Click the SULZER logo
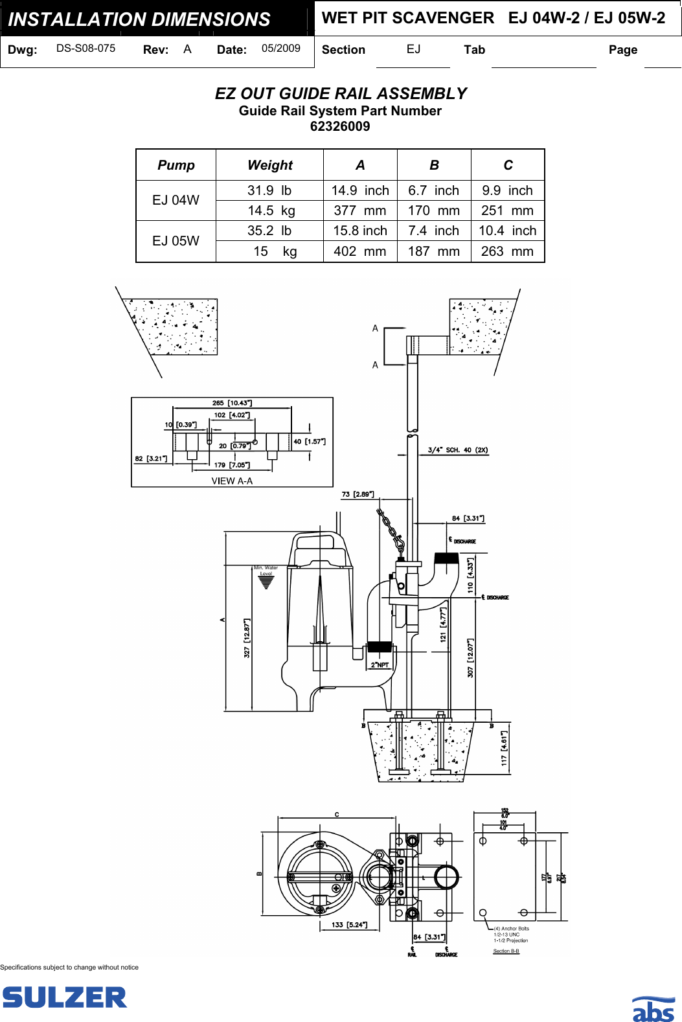point(64,997)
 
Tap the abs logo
point(653,1009)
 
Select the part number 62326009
point(340,126)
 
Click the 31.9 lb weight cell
point(269,190)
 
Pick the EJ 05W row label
point(176,241)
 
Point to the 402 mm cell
point(359,251)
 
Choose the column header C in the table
point(508,165)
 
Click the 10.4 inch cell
point(507,231)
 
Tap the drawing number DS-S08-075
point(85,49)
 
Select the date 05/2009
point(280,49)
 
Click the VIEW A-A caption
point(232,481)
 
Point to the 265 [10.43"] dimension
point(232,403)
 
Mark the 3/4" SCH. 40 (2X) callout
point(457,450)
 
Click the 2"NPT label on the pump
point(380,665)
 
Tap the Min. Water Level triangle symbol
point(266,582)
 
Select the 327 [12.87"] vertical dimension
point(247,638)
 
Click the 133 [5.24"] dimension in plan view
point(349,925)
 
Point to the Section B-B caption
point(506,951)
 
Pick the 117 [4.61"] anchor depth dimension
point(504,748)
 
